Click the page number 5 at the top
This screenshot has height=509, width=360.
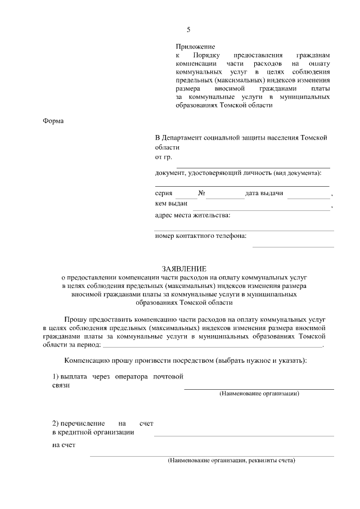[x=188, y=30]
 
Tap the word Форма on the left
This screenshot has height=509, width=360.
[x=53, y=121]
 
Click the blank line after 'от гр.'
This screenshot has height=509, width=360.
[x=253, y=166]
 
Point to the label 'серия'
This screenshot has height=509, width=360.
[x=164, y=193]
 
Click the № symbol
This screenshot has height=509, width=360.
[x=201, y=193]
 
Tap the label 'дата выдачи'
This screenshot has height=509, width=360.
[x=264, y=193]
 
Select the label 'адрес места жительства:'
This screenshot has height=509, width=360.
[x=192, y=215]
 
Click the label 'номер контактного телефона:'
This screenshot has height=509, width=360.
[x=201, y=236]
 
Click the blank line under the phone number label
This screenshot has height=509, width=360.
[x=292, y=246]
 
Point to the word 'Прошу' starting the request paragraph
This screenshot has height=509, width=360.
[x=76, y=318]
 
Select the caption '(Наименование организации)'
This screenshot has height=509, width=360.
[x=259, y=394]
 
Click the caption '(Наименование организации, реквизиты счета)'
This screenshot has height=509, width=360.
[x=231, y=461]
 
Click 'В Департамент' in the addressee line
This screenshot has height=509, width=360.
[x=179, y=138]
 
